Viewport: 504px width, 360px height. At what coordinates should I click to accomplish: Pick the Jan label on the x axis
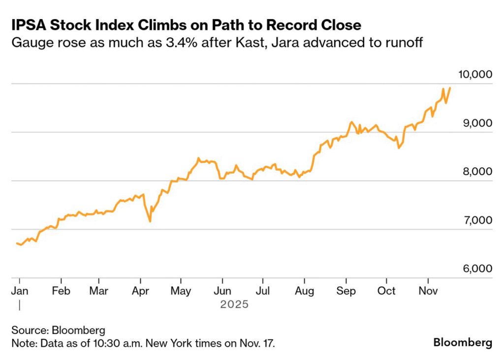(x=19, y=291)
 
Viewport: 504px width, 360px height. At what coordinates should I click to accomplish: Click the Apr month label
(x=141, y=291)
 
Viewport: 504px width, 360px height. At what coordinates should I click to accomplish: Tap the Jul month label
(x=264, y=291)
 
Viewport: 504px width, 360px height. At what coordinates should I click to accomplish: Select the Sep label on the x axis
(x=346, y=291)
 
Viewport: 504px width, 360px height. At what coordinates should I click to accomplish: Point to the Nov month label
(x=428, y=291)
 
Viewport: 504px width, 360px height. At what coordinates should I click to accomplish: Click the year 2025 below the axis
(x=234, y=305)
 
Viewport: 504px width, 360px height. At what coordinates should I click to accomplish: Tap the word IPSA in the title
(x=29, y=25)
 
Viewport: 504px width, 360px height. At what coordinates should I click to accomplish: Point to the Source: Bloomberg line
(x=58, y=330)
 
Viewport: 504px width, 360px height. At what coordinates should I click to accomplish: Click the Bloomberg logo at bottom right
(x=462, y=342)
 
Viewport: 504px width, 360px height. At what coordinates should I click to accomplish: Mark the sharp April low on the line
(x=150, y=221)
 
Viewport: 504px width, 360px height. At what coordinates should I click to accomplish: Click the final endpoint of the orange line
(x=450, y=88)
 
